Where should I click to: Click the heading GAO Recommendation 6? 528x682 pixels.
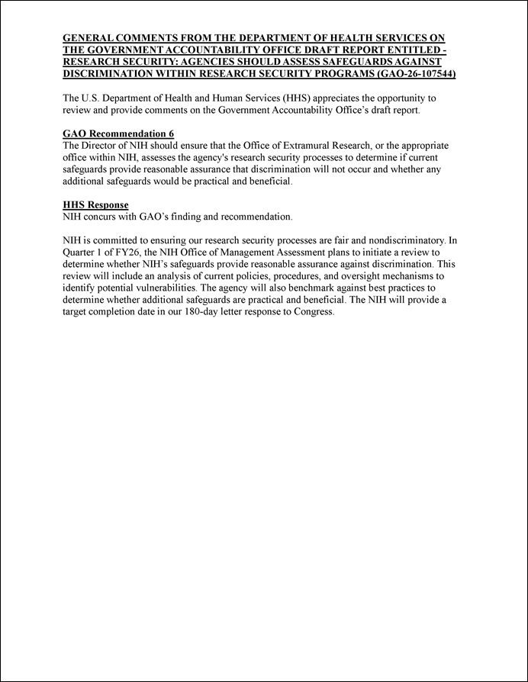point(118,134)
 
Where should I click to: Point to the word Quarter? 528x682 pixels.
point(80,251)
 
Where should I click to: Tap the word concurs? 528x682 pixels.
point(103,217)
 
